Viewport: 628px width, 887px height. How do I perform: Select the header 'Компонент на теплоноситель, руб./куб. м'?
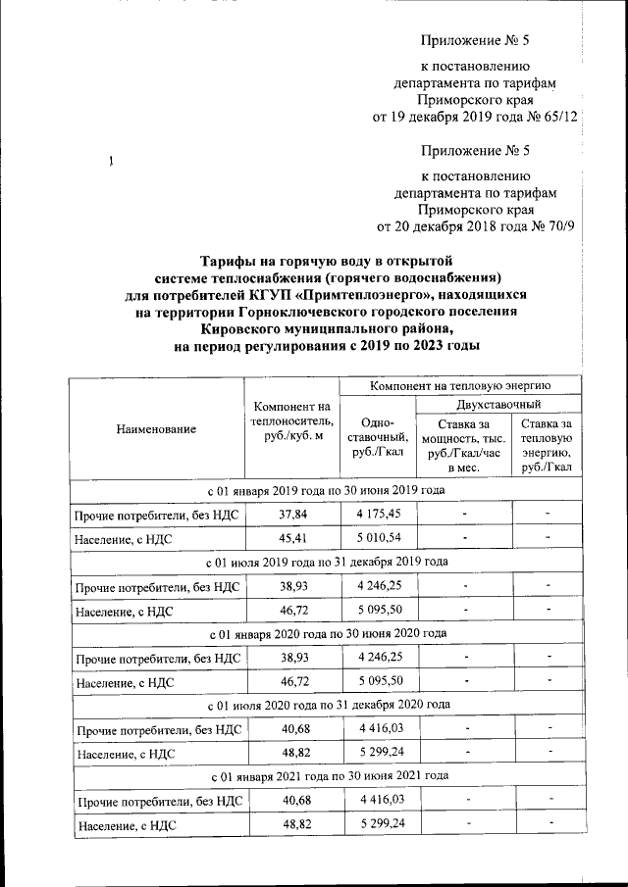tap(291, 421)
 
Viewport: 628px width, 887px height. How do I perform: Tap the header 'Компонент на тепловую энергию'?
tap(460, 385)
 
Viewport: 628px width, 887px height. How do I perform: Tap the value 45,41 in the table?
tap(291, 538)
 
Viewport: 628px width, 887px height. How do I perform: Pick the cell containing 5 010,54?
tap(378, 538)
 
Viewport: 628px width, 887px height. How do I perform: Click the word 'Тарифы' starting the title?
tap(227, 261)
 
